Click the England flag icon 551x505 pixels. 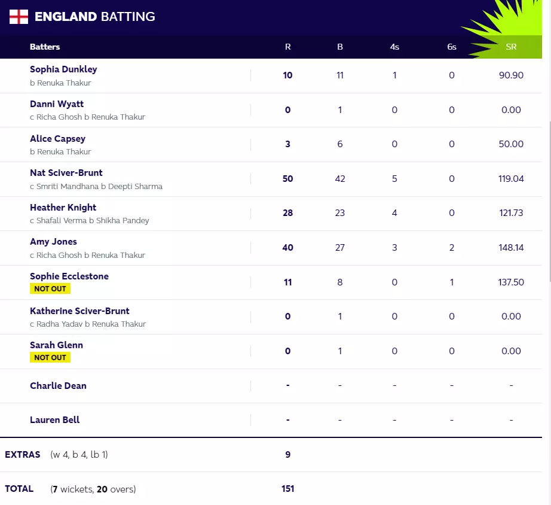19,16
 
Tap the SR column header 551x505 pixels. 511,47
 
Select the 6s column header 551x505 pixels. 452,47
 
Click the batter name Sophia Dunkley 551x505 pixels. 63,69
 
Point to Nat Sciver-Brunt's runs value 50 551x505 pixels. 287,179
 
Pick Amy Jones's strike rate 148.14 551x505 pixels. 511,248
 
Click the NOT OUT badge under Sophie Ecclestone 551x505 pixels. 50,288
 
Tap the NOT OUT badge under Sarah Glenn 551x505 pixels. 50,357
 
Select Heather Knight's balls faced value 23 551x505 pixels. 340,213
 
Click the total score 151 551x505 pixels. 287,489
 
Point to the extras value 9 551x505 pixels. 287,455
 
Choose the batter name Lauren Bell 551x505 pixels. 55,420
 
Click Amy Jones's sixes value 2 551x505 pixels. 452,248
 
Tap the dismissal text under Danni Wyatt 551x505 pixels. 87,117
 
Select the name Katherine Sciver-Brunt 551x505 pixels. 79,311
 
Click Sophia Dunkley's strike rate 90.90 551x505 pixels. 511,75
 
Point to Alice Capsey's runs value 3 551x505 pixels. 287,144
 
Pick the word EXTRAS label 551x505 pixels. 23,455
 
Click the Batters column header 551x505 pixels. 45,47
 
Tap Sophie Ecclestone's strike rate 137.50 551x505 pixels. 511,282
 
